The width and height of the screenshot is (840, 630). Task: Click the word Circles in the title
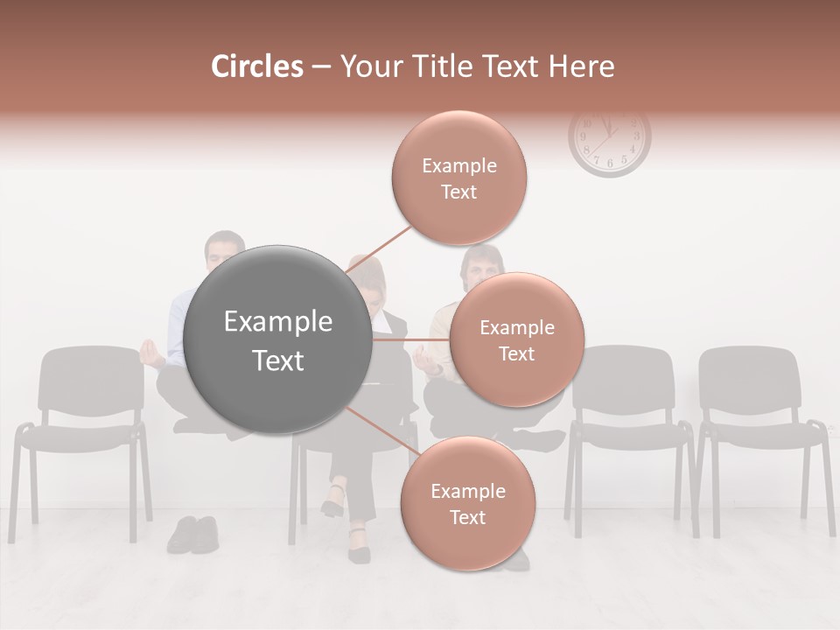coord(256,66)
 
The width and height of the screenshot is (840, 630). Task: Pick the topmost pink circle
coord(459,178)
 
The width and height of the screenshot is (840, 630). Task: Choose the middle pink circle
coord(516,339)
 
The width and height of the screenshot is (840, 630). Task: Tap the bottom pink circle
coord(467,503)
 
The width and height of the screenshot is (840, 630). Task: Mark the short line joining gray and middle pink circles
coord(411,339)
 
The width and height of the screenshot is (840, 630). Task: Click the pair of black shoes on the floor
coord(193,534)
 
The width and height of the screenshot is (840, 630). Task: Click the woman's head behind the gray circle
coord(367,278)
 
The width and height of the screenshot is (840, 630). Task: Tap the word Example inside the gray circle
coord(278,322)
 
